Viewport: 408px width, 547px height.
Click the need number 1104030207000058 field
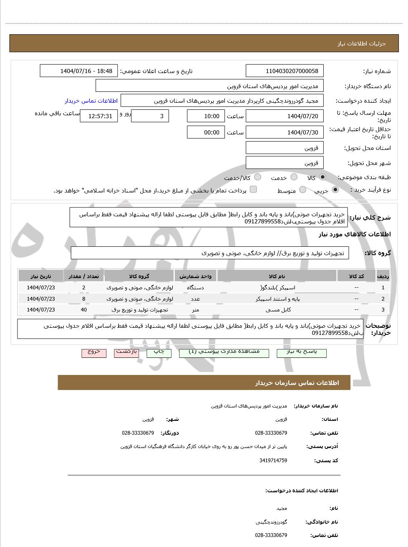(285, 71)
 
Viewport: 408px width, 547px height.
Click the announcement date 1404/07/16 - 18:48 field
(79, 71)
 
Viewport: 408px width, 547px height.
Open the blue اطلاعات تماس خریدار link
(91, 101)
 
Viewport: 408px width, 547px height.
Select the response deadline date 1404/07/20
(285, 116)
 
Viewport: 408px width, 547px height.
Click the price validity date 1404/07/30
(285, 132)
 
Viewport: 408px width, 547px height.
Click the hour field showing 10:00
(206, 116)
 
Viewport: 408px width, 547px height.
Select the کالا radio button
(322, 177)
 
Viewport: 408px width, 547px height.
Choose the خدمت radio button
(294, 177)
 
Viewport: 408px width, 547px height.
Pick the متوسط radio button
(302, 190)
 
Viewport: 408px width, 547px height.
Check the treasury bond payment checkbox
(253, 190)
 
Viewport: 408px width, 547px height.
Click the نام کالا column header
(277, 276)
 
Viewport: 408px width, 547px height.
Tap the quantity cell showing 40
(84, 310)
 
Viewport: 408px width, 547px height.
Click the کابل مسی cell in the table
(277, 310)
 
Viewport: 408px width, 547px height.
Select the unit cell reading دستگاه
(195, 287)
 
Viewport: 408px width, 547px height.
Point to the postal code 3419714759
(273, 461)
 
